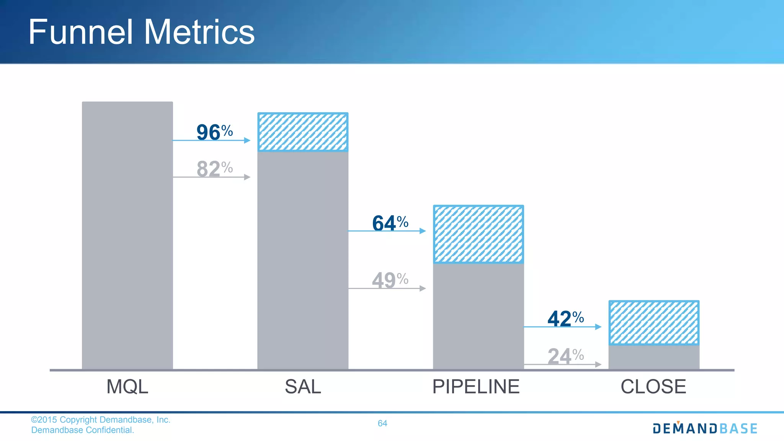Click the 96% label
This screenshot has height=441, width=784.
pos(214,132)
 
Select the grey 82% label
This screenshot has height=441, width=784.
pos(214,169)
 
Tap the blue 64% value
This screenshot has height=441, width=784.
pos(390,223)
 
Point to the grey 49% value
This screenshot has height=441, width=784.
pos(390,280)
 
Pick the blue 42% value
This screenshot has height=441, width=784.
pos(565,318)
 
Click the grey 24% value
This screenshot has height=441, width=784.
pos(565,356)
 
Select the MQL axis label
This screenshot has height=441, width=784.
pos(127,387)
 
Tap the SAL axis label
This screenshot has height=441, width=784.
pos(302,387)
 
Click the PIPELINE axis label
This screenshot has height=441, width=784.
pos(476,387)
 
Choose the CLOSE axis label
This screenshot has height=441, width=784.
pos(653,387)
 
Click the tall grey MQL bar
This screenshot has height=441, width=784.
pos(127,235)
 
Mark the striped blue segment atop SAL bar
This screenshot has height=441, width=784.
pos(302,132)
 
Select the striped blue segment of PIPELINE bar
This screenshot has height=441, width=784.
pos(478,234)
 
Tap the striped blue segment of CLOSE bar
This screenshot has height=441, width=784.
pos(654,323)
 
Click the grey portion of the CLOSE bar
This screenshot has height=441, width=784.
pos(654,357)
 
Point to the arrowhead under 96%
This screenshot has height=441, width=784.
pos(247,140)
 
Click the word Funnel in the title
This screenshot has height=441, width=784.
pos(80,32)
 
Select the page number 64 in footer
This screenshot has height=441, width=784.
pos(382,423)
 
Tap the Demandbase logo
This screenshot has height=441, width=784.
pos(705,428)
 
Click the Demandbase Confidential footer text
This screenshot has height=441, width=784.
pos(83,430)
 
